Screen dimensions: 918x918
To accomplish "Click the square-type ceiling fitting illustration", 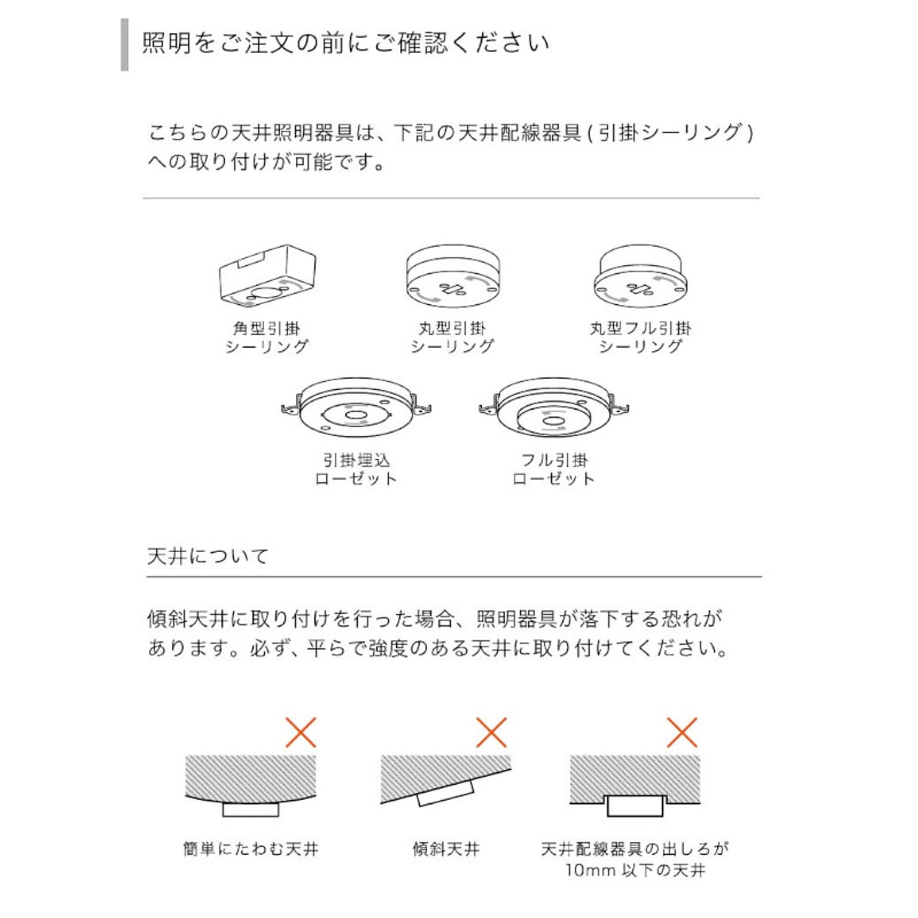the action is pyautogui.click(x=267, y=275).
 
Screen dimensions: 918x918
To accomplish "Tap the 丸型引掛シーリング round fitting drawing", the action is pyautogui.click(x=452, y=275).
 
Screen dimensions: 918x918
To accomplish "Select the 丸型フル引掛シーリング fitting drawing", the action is pyautogui.click(x=640, y=275).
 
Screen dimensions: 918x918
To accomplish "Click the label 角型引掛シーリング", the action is pyautogui.click(x=267, y=337).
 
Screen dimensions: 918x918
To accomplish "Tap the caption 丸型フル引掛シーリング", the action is pyautogui.click(x=640, y=337).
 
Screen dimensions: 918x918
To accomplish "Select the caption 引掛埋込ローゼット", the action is pyautogui.click(x=356, y=470).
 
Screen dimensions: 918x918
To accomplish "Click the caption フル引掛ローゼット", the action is pyautogui.click(x=553, y=470).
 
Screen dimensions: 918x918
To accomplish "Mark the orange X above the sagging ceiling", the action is pyautogui.click(x=301, y=733).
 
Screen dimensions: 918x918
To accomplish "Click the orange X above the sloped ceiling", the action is pyautogui.click(x=491, y=733).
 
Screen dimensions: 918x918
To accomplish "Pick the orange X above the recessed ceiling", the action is pyautogui.click(x=682, y=733).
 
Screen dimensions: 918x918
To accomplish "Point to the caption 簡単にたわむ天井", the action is pyautogui.click(x=250, y=849).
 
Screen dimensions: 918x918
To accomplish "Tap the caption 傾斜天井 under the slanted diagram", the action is pyautogui.click(x=446, y=849).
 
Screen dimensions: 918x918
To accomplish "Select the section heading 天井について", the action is pyautogui.click(x=208, y=556).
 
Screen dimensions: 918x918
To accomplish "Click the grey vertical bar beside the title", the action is pyautogui.click(x=124, y=45).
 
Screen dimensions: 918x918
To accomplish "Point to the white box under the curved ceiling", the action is pyautogui.click(x=250, y=809).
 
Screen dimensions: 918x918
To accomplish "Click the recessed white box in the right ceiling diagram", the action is pyautogui.click(x=635, y=806).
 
